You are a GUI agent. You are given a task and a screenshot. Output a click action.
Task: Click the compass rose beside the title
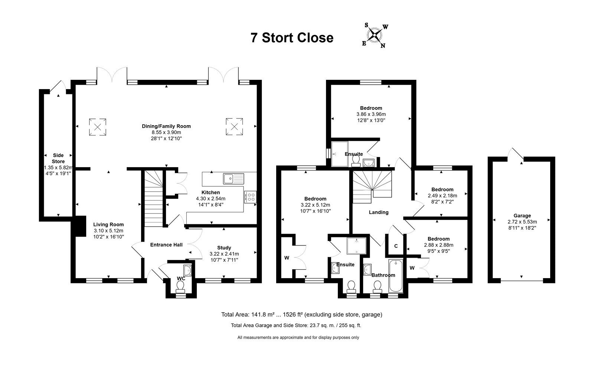pyautogui.click(x=375, y=35)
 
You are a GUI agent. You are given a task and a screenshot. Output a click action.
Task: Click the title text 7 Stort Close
pyautogui.click(x=292, y=38)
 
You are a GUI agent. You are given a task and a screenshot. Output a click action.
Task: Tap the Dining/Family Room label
pyautogui.click(x=166, y=126)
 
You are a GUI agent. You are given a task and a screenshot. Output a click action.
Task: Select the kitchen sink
pyautogui.click(x=234, y=179)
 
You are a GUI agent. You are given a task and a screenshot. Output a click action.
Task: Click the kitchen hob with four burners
pyautogui.click(x=250, y=197)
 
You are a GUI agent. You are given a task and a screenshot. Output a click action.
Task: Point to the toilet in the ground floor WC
pyautogui.click(x=180, y=287)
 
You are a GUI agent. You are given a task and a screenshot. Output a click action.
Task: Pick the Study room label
pyautogui.click(x=224, y=248)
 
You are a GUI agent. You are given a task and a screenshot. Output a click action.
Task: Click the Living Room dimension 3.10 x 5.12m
pyautogui.click(x=108, y=231)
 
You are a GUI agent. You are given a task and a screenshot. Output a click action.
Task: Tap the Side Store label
pyautogui.click(x=58, y=159)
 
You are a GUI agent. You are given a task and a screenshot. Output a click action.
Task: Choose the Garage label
pyautogui.click(x=522, y=216)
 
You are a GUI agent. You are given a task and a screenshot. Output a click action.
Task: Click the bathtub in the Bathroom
pyautogui.click(x=396, y=276)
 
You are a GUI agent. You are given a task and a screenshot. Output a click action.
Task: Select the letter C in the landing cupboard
pyautogui.click(x=396, y=246)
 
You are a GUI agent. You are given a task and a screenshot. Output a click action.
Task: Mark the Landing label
pyautogui.click(x=379, y=212)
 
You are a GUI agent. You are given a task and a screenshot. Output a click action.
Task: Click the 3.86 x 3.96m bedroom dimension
pyautogui.click(x=371, y=114)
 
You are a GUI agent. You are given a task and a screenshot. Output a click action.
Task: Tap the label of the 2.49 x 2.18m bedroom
pyautogui.click(x=442, y=189)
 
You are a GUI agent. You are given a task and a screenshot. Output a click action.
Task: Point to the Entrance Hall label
pyautogui.click(x=166, y=245)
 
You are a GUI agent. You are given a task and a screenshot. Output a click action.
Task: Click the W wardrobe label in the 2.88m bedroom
pyautogui.click(x=412, y=268)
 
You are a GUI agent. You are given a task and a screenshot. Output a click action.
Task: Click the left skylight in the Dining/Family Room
pyautogui.click(x=98, y=127)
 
